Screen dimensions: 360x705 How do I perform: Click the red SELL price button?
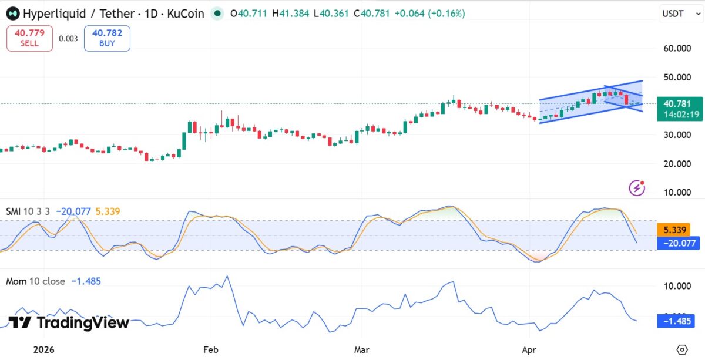(x=29, y=38)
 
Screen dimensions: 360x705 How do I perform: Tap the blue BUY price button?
(x=107, y=38)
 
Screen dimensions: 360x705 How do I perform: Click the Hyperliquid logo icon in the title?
(x=12, y=13)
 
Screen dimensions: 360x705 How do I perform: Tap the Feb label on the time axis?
(x=210, y=349)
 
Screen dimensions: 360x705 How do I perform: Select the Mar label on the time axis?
(x=361, y=349)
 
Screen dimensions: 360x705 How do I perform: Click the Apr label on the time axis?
(x=529, y=349)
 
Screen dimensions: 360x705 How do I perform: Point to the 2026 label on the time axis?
(x=43, y=349)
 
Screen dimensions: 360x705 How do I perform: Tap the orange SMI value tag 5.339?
(x=674, y=230)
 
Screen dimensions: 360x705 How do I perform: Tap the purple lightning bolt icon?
(x=637, y=188)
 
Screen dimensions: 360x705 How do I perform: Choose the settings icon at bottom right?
(x=682, y=349)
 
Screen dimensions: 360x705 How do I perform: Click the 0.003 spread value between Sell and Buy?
(x=68, y=39)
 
